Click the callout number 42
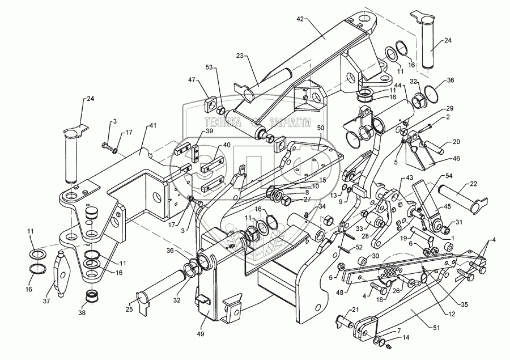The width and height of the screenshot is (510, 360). click(300, 19)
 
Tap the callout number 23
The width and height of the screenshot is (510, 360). click(240, 57)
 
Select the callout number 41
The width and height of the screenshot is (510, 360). click(153, 125)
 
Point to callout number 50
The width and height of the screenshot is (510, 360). click(321, 128)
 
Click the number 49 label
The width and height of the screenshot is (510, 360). click(201, 334)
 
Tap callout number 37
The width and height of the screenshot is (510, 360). click(46, 302)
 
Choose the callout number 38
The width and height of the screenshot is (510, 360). click(82, 313)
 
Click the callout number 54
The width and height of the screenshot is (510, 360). click(449, 176)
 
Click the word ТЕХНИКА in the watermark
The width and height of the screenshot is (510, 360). click(223, 122)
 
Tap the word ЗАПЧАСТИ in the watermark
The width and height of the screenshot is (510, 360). click(290, 122)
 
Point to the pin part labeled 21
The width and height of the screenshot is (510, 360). click(345, 321)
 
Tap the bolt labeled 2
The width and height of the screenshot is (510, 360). click(426, 128)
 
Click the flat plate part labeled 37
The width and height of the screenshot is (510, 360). click(62, 273)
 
